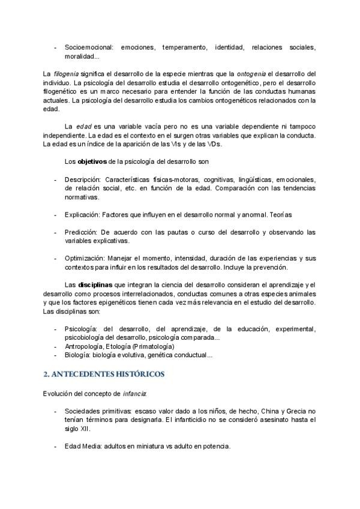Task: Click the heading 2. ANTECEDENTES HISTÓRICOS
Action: (x=104, y=373)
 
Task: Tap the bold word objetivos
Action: (x=94, y=162)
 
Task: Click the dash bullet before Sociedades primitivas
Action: (x=55, y=411)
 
